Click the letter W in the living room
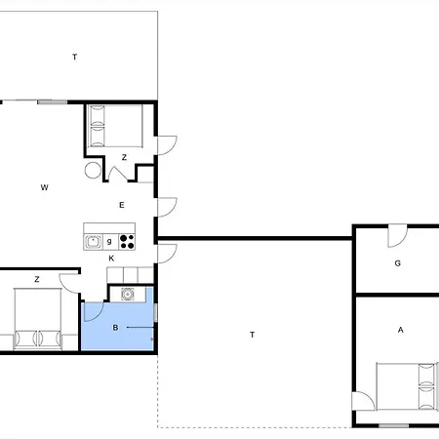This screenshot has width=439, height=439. click(45, 187)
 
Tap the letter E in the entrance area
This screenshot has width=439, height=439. click(122, 205)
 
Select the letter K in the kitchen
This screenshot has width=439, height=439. click(111, 259)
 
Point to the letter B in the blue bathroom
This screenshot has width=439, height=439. click(115, 328)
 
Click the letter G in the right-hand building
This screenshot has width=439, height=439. click(397, 263)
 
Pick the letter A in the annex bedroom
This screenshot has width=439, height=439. click(401, 330)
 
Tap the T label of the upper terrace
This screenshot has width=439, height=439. click(75, 57)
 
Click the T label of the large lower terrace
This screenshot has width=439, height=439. click(252, 335)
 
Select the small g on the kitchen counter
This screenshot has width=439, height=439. click(109, 241)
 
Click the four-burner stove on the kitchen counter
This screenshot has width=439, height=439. click(127, 242)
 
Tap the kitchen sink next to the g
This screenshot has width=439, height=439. click(93, 242)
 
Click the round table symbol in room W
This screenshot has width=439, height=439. click(93, 170)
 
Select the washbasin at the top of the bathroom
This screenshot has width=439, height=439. click(128, 294)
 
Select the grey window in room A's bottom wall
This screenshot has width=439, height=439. click(393, 425)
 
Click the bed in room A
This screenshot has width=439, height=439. click(406, 386)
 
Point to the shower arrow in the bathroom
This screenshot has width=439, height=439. click(140, 328)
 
